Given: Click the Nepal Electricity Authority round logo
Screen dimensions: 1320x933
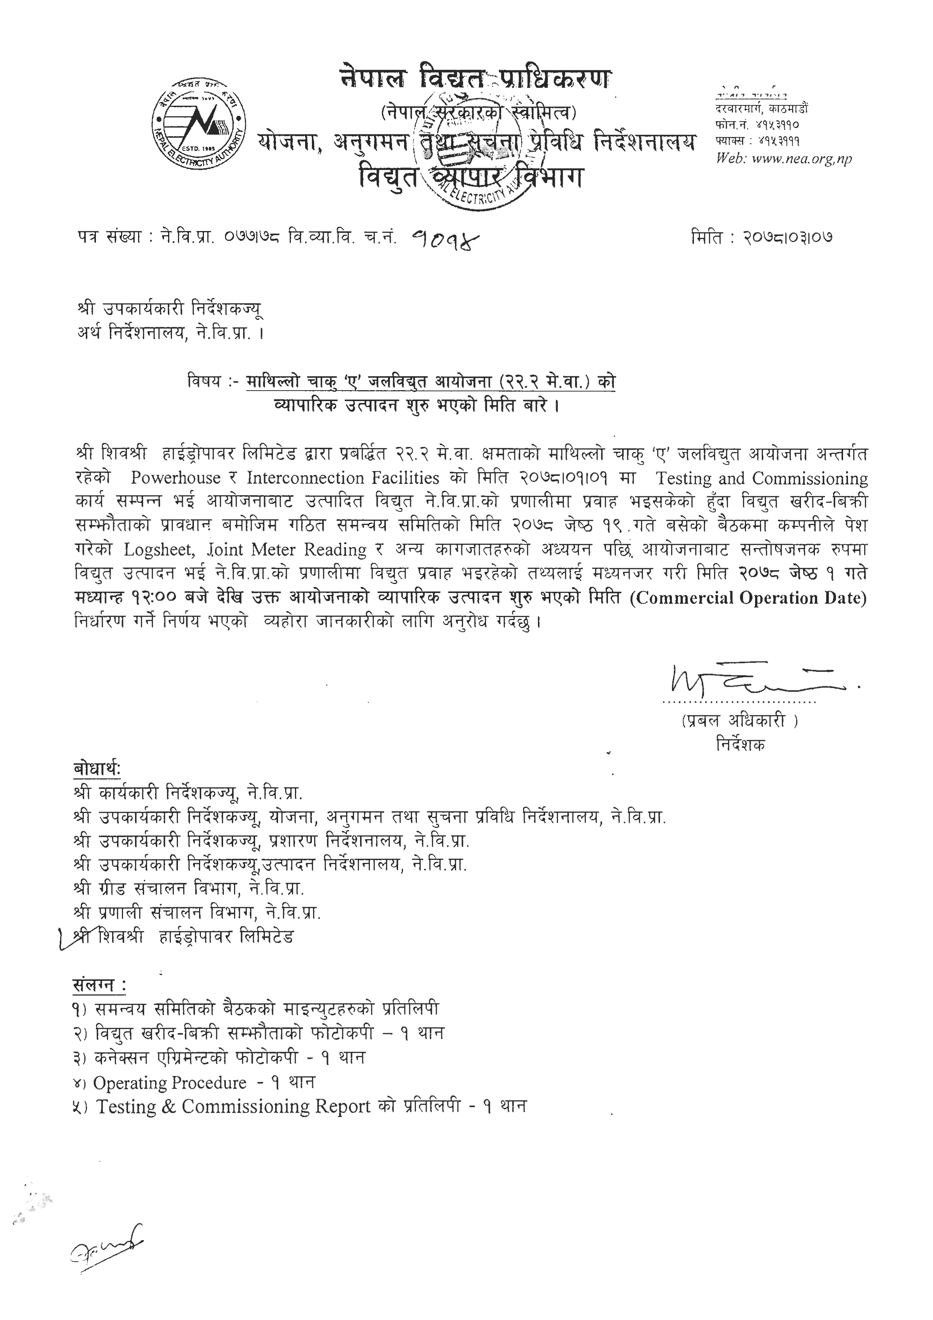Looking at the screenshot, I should tap(198, 123).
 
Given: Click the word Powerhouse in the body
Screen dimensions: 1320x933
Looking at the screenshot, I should tap(175, 478).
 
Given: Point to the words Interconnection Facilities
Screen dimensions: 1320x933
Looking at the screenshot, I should tap(343, 478).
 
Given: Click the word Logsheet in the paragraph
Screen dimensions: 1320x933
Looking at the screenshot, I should tap(158, 550).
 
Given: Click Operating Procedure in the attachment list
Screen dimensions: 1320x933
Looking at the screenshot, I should tap(170, 1083).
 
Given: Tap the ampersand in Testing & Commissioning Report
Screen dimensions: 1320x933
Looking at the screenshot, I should tap(169, 1107).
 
